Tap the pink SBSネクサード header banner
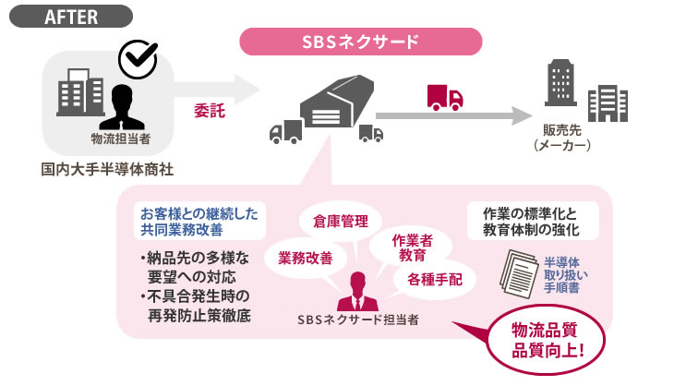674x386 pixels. pos(361,42)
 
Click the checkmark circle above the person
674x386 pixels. pos(138,60)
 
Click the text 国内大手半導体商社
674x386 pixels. pos(107,170)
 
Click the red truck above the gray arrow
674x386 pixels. pos(445,96)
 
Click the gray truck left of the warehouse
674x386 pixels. pos(284,132)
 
